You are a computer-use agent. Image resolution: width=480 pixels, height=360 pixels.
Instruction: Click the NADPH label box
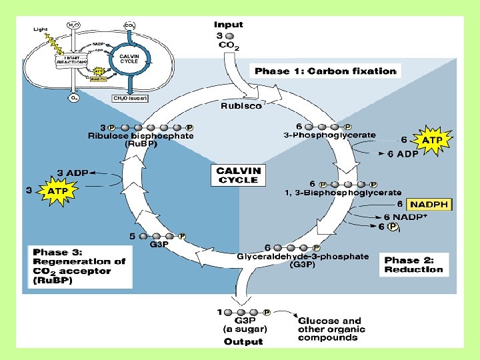point(430,204)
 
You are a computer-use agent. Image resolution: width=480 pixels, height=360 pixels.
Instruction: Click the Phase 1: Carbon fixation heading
point(324,71)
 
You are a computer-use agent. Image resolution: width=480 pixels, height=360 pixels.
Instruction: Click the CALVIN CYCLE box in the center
point(238,176)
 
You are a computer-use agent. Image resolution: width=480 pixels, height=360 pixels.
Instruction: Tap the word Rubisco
point(241,105)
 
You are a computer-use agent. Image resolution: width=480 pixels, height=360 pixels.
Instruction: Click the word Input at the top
point(229,25)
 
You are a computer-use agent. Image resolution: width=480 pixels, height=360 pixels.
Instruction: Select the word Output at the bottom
point(243,341)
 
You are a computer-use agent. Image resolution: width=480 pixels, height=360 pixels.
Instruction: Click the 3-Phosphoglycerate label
point(329,135)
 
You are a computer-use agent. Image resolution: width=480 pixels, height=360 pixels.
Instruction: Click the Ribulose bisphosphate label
point(141,135)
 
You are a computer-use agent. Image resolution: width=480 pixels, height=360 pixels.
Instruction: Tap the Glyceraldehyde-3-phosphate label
point(303,256)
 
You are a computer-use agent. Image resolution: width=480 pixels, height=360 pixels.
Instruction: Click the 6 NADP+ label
point(406,217)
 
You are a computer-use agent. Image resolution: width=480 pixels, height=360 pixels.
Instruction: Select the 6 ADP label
point(403,153)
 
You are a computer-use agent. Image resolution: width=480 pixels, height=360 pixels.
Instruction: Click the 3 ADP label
point(73,172)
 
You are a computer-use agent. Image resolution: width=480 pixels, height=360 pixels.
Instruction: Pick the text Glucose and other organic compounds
point(329,329)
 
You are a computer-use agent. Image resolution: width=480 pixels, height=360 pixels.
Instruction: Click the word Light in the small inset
point(40,29)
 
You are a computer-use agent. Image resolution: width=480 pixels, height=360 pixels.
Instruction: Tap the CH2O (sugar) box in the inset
point(130,98)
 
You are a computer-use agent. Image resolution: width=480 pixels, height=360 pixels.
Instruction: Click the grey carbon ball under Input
point(229,35)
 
